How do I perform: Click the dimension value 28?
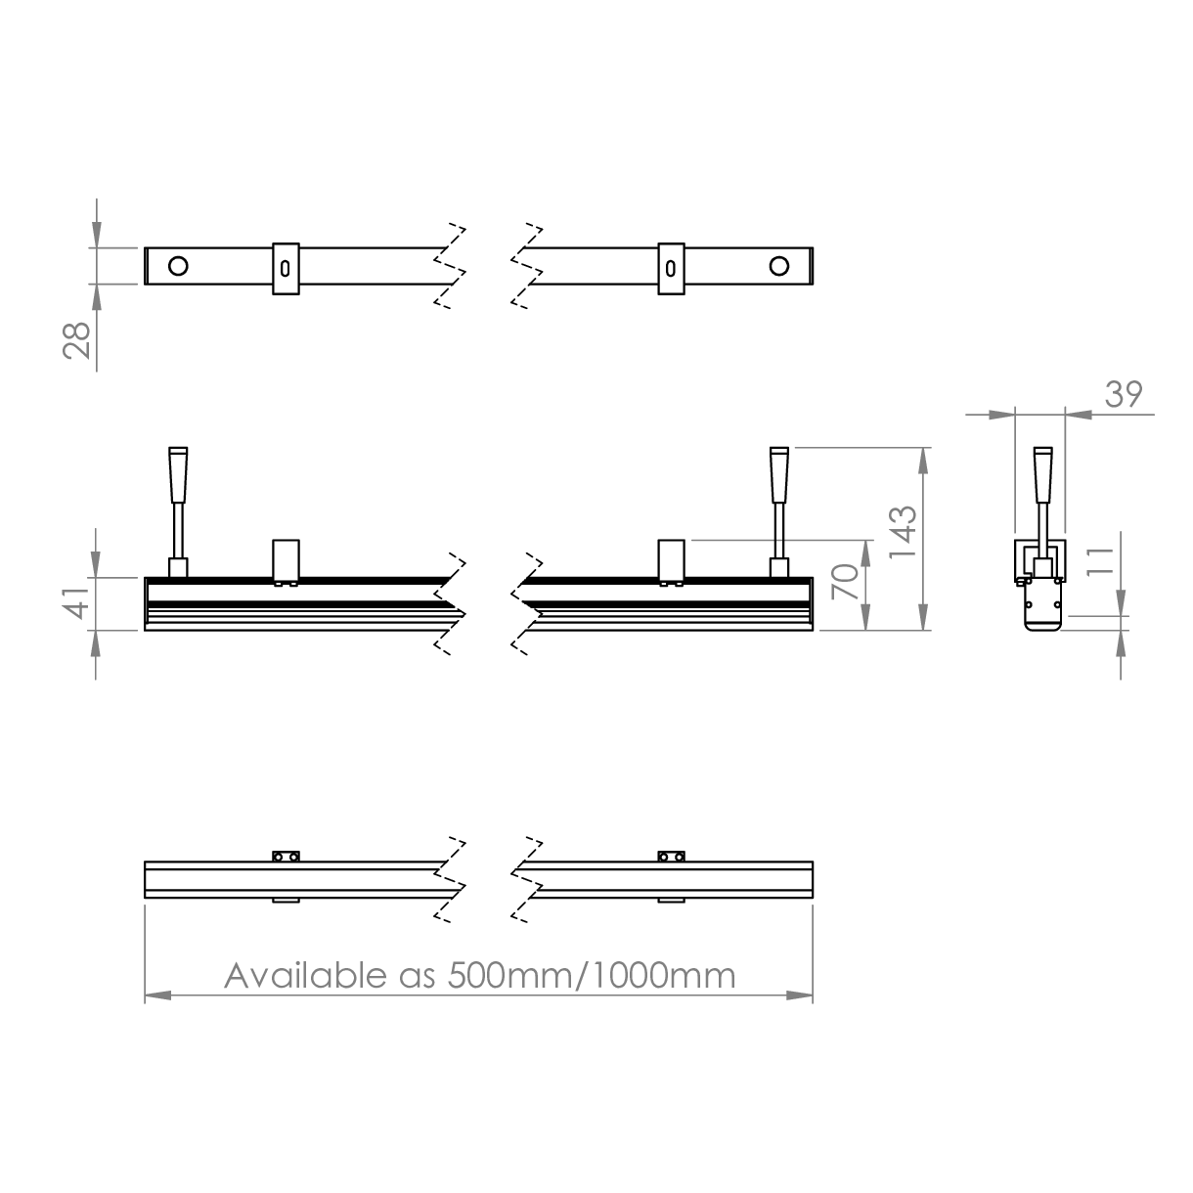[x=77, y=340]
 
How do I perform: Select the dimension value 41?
[x=77, y=602]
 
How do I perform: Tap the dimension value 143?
[x=902, y=532]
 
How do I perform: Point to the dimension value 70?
[x=845, y=582]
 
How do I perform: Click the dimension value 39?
[x=1124, y=394]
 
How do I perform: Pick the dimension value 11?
[x=1100, y=561]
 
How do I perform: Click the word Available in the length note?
[x=305, y=976]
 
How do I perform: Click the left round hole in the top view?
[x=178, y=266]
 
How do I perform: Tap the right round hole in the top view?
[x=778, y=266]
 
